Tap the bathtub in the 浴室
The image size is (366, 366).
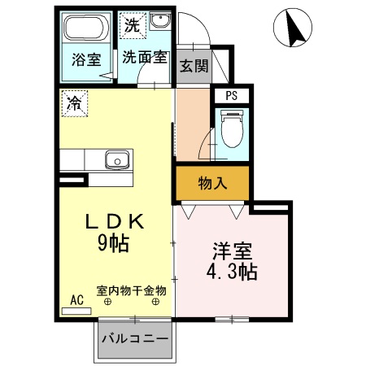coord(85,32)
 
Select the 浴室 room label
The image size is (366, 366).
coord(85,60)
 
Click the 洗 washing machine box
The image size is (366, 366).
coord(131,24)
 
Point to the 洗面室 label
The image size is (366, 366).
coord(145,58)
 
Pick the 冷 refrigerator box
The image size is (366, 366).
coord(74,103)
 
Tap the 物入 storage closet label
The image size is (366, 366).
coord(213,184)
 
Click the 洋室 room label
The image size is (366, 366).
coord(231,251)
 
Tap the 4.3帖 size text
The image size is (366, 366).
coord(231,272)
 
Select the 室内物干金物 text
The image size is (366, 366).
coord(131,290)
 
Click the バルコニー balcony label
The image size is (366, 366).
coord(135,339)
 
